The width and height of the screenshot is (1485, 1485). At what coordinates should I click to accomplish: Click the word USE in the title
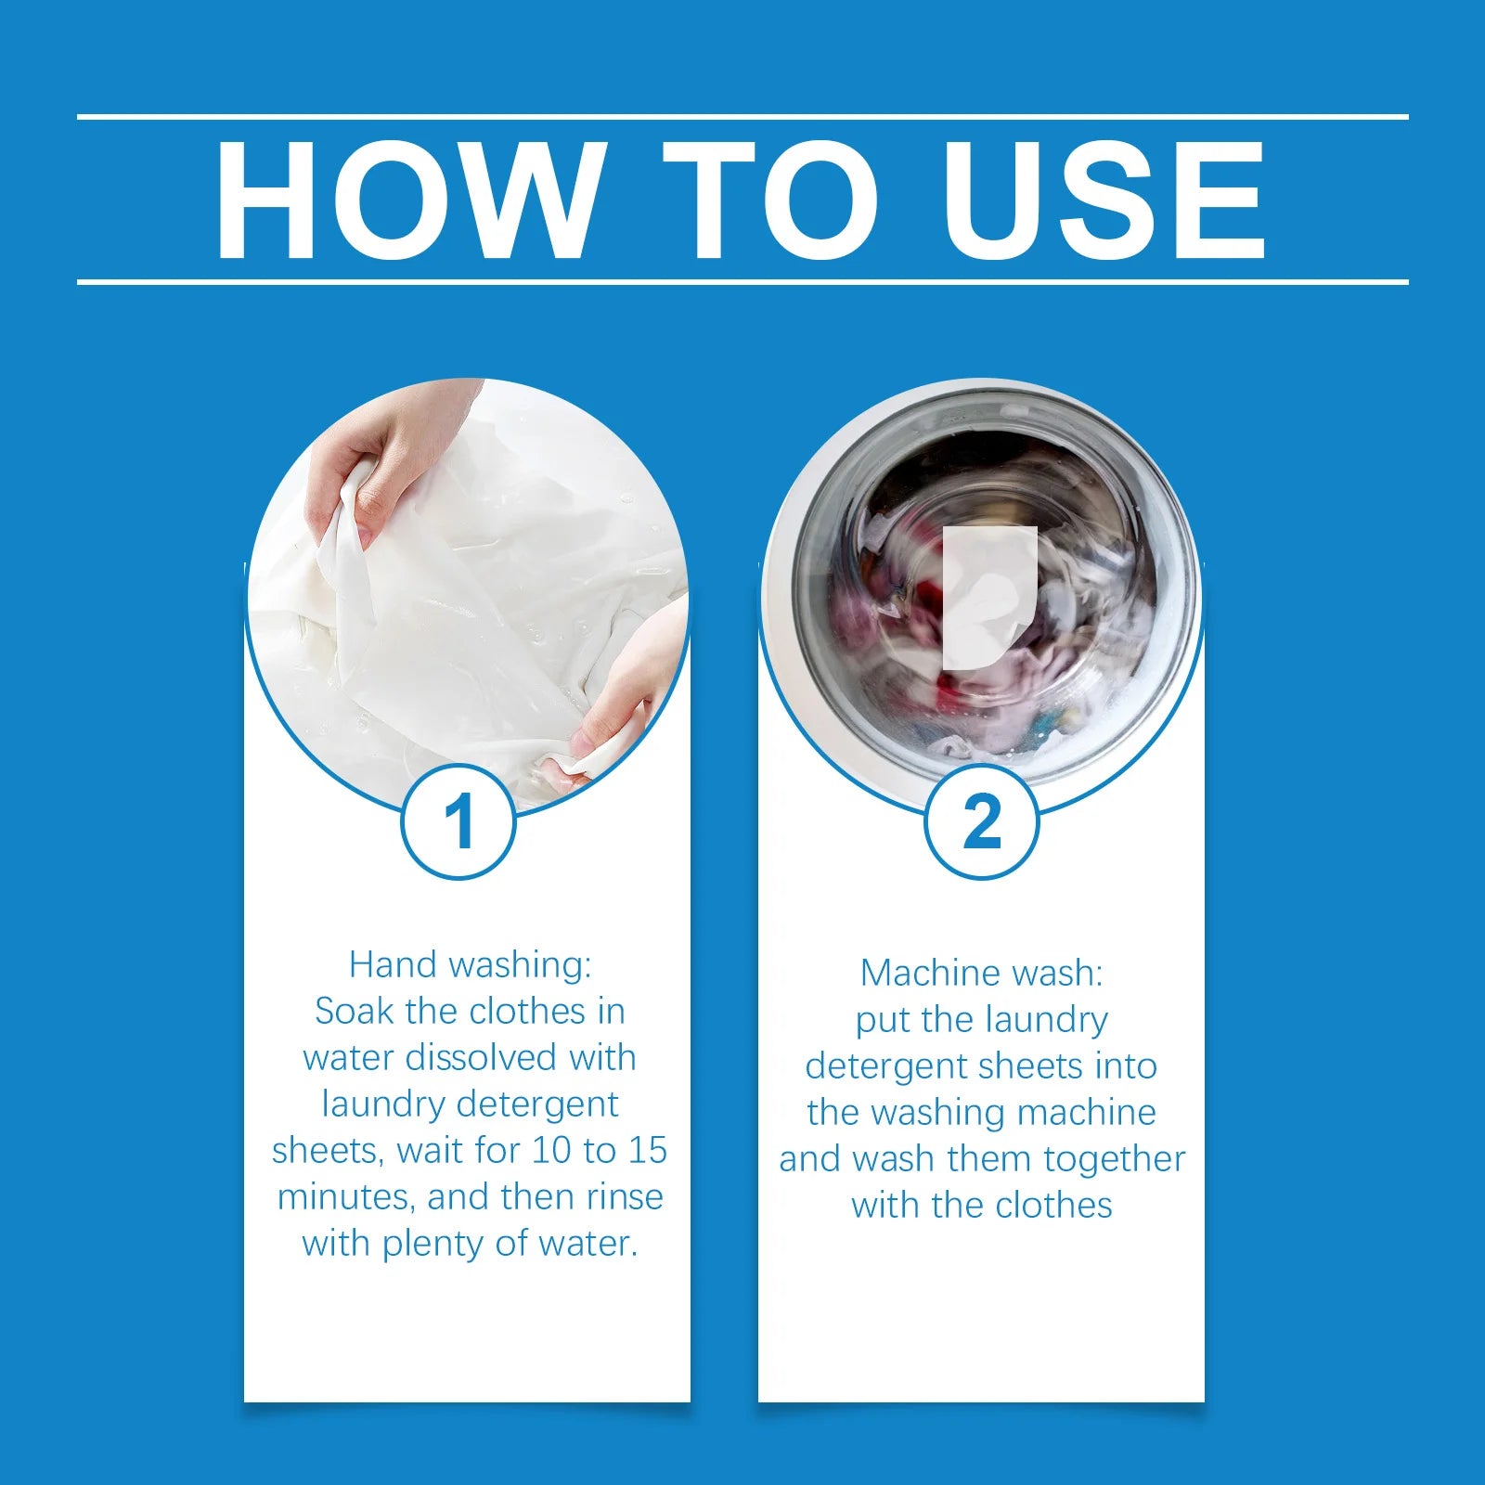click(x=1104, y=200)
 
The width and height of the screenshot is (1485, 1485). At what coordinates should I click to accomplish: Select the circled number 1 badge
click(x=458, y=821)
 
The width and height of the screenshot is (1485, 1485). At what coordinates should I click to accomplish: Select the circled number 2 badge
click(x=981, y=821)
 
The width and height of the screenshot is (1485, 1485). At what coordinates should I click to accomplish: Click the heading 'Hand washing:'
click(x=470, y=965)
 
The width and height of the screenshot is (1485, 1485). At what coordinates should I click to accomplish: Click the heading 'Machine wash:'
click(x=982, y=973)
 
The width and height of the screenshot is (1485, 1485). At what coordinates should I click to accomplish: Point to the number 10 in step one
click(x=550, y=1150)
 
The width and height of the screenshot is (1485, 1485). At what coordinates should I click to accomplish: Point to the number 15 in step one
click(x=648, y=1150)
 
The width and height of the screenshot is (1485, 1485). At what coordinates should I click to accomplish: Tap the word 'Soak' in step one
click(x=355, y=1011)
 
